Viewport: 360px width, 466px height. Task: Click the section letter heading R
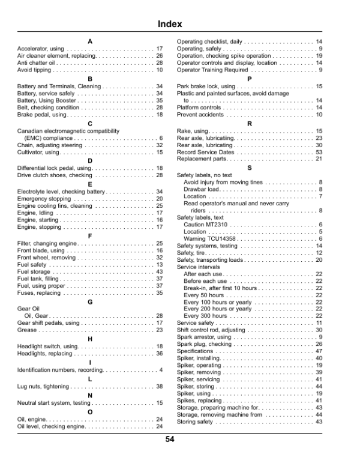[x=250, y=123]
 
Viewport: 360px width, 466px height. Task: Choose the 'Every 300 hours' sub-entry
[x=205, y=315]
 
